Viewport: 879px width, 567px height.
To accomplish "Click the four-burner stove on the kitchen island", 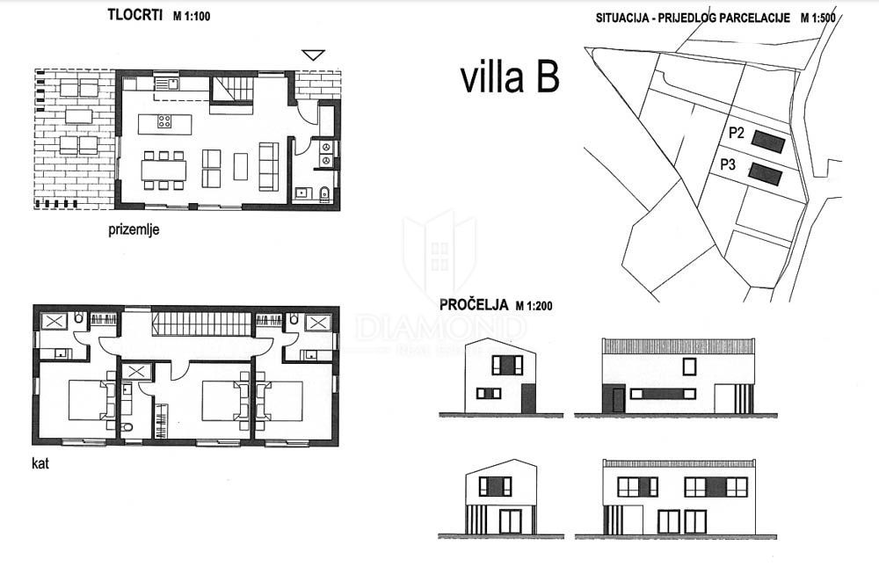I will (164, 122).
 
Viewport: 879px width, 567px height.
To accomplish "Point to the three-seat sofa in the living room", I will (268, 166).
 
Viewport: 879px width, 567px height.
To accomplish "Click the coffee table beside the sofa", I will (241, 166).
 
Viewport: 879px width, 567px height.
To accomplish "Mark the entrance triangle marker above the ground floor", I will (313, 55).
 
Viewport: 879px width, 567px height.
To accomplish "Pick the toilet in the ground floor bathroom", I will (324, 193).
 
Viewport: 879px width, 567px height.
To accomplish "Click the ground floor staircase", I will (232, 90).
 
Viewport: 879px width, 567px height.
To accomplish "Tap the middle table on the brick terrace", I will (79, 115).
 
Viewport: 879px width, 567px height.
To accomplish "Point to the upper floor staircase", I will (203, 323).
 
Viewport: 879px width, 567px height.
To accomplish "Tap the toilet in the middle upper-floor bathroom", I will (127, 428).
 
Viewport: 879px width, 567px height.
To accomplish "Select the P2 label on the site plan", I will (737, 134).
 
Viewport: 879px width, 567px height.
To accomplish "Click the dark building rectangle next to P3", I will (765, 173).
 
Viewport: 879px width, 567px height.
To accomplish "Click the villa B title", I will (509, 77).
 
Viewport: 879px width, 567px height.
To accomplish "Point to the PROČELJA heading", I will (474, 305).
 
